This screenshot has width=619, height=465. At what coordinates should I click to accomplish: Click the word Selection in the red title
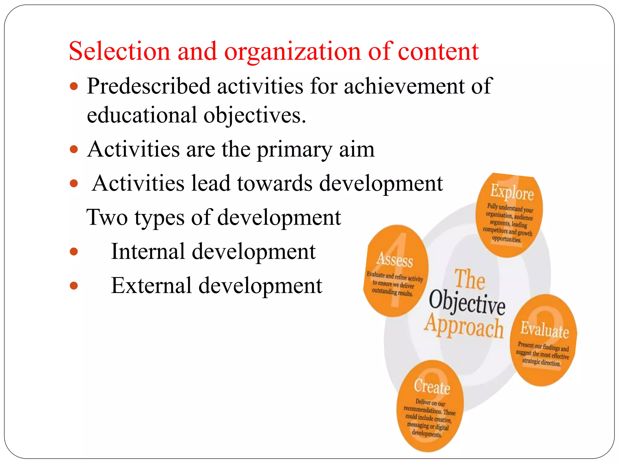click(119, 51)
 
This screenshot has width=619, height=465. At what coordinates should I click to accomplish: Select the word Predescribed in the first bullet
click(148, 86)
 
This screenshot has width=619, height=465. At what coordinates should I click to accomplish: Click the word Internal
click(148, 252)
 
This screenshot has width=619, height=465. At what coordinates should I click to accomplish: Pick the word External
click(151, 286)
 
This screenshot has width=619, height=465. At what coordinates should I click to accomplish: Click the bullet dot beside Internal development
click(74, 252)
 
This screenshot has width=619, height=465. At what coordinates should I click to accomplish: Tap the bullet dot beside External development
click(74, 286)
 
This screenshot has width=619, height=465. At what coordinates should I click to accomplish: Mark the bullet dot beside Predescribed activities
click(74, 87)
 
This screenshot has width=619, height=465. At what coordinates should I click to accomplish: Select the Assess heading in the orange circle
click(395, 260)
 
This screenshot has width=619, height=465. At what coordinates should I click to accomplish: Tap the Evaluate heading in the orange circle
click(544, 329)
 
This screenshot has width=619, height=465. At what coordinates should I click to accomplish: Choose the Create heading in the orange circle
click(432, 387)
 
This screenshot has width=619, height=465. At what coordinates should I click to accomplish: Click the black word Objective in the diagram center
click(467, 303)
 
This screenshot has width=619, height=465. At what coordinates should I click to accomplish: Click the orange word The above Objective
click(470, 279)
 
